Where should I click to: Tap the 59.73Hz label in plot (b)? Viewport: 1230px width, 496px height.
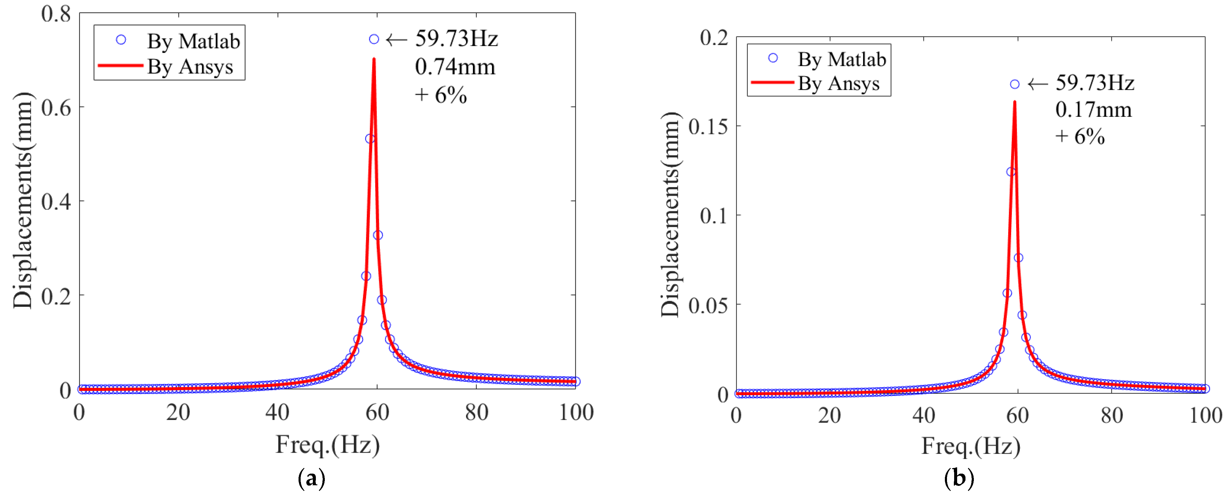coord(1094,83)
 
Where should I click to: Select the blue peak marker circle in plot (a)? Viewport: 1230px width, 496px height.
coord(374,39)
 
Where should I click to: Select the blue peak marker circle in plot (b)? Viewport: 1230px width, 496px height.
coord(1015,84)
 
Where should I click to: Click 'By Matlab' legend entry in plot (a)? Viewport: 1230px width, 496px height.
coord(193,41)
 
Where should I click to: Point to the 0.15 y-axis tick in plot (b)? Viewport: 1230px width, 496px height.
coord(708,127)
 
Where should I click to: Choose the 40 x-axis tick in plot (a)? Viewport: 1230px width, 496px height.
coord(277,412)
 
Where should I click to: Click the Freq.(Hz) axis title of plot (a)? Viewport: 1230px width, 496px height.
coord(328,445)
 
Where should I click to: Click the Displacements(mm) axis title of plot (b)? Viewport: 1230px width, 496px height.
coord(671,215)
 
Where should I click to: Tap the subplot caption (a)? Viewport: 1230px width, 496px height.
coord(311,478)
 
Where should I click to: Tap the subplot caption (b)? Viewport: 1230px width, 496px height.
coord(959,478)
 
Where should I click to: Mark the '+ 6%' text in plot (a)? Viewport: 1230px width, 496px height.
coord(440,95)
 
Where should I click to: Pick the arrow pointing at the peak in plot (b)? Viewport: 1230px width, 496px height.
coord(1037,84)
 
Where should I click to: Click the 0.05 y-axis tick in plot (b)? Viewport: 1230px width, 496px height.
coord(708,305)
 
